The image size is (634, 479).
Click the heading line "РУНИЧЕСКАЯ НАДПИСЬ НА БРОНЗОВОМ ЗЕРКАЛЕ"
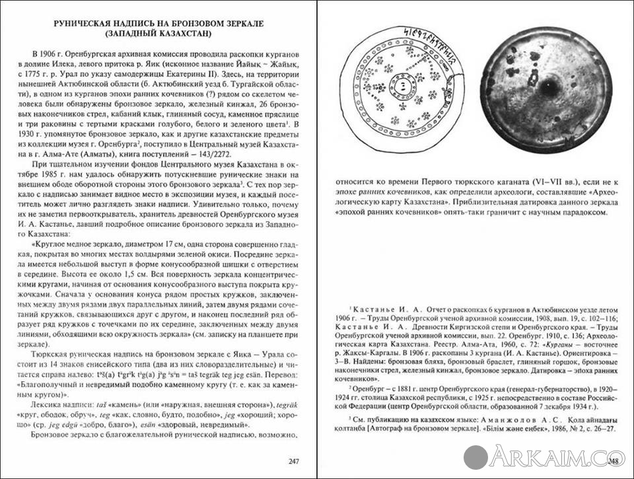pos(158,24)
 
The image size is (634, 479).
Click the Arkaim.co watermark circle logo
pos(475,457)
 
